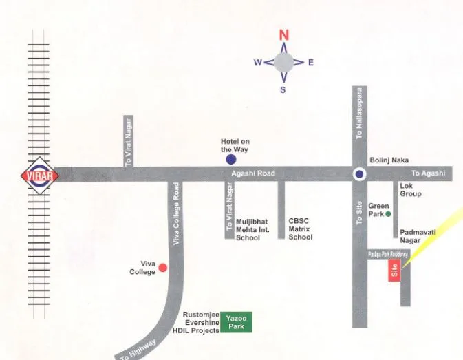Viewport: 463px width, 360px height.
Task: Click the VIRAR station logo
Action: tap(41, 174)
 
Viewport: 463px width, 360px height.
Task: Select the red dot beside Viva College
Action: tap(163, 267)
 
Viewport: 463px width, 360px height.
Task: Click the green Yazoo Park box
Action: tap(236, 322)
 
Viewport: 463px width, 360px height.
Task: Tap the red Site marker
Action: tap(394, 271)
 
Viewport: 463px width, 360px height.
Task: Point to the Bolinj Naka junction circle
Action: tap(358, 174)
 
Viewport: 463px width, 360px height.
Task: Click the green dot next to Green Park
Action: tap(389, 214)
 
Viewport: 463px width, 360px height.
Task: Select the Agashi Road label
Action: tap(252, 173)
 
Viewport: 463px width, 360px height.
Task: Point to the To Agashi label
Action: tap(428, 173)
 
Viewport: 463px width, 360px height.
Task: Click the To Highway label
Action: tap(139, 348)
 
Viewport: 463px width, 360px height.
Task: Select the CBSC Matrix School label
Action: tap(300, 229)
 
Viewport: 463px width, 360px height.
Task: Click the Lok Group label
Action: tap(411, 190)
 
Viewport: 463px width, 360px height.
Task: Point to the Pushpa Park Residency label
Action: tap(387, 254)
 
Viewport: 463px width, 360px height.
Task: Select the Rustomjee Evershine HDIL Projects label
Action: tap(201, 322)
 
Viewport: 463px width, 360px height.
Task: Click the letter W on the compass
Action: tap(257, 63)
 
